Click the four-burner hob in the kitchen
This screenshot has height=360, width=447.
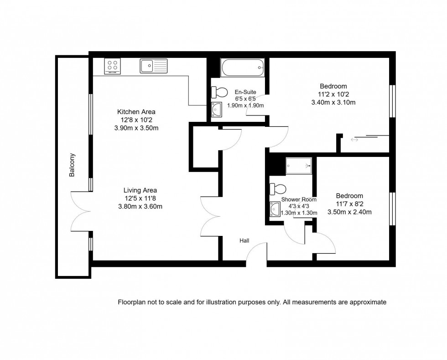tap(112, 66)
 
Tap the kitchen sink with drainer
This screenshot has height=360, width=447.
tap(154, 66)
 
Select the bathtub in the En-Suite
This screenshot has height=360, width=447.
tap(242, 68)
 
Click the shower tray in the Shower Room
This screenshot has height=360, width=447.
tap(299, 166)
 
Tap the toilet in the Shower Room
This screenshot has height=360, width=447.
tap(278, 188)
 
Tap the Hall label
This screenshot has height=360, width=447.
tap(244, 240)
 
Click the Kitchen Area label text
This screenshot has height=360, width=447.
tap(136, 112)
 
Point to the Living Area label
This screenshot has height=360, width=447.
tap(140, 190)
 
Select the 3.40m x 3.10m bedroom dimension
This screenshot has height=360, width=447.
tap(333, 102)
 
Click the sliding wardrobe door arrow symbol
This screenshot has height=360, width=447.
tap(354, 140)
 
